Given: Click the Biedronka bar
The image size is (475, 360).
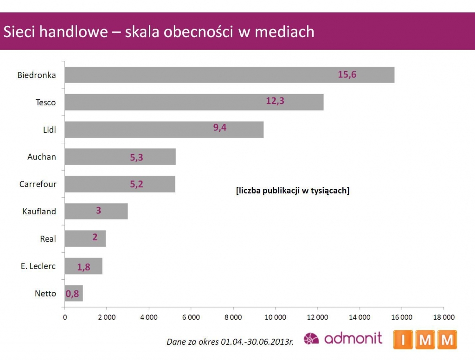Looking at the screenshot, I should pos(229,75).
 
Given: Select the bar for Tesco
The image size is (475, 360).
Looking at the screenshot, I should pos(194,102).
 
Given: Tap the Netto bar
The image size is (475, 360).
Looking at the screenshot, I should pos(74,293).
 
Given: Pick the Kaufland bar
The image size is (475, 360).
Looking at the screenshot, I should pos(96,211).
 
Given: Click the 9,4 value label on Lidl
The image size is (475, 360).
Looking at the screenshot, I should pos(220,128).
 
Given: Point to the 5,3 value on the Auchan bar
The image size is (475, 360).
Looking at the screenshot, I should pos(136,157).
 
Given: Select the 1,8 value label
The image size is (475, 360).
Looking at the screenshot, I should pos(83,266).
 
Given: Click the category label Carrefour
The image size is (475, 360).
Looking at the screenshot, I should pos(38,184).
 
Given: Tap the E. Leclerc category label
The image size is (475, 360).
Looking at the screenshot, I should pos(39,266).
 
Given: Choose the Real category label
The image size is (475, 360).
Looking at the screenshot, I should pos(48,239).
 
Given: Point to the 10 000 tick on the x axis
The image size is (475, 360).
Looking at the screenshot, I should pos(275,317).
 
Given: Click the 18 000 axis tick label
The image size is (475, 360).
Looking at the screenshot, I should pos(443,317).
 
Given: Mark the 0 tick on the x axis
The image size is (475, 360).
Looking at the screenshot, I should pos(64,317).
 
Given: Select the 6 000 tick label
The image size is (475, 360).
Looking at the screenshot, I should pos(191,317).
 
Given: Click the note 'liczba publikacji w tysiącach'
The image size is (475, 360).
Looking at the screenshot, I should pos(292,190).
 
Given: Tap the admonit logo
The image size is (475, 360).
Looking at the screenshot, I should pos(343,338).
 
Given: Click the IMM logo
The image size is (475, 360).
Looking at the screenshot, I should pos(425,340).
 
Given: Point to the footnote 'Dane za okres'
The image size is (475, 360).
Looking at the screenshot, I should pos(230,342).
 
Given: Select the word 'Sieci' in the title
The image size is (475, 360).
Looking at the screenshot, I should pos(19,32).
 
